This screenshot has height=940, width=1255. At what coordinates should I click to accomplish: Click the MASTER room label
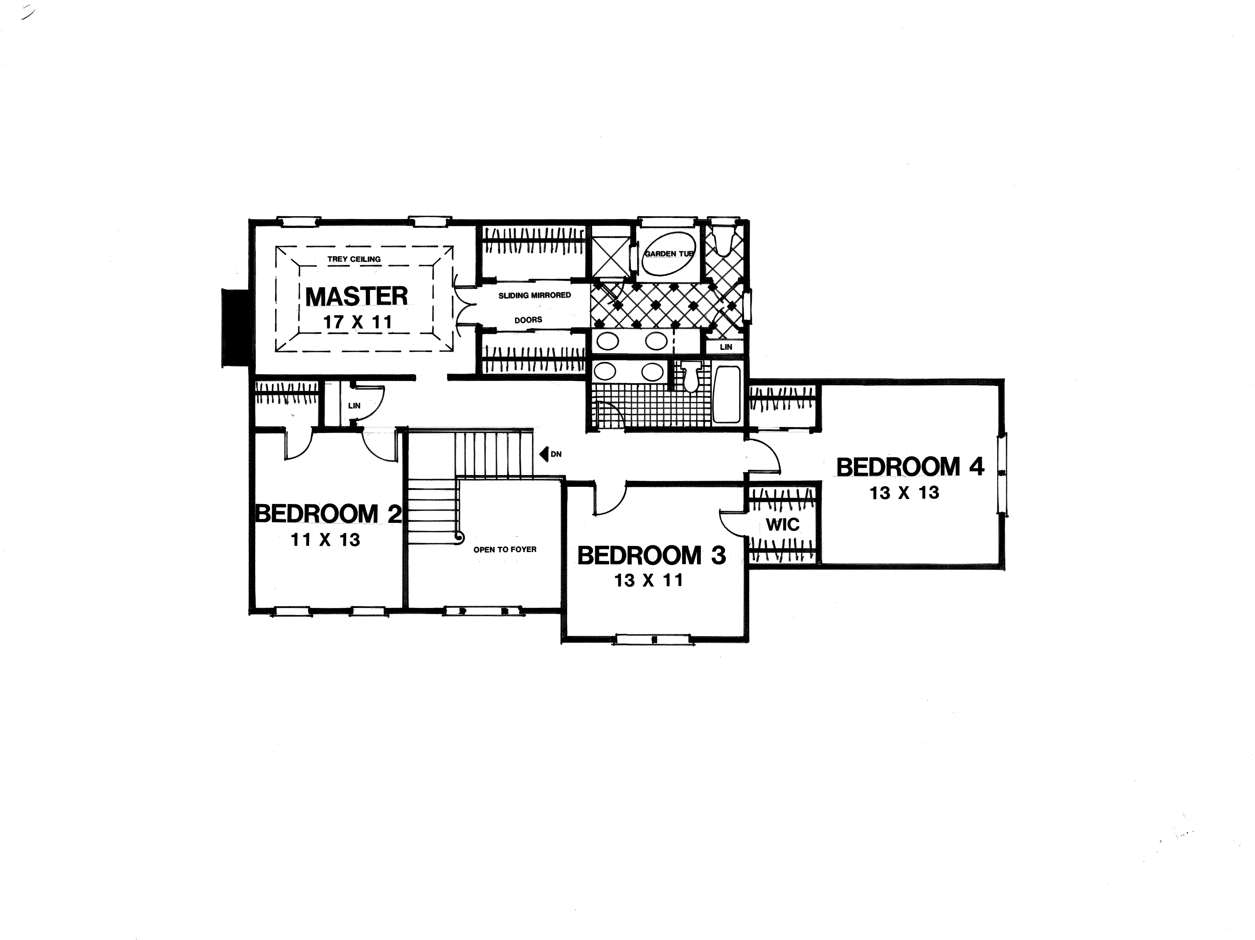(x=356, y=297)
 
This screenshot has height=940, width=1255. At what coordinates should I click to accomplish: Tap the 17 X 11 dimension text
(x=358, y=322)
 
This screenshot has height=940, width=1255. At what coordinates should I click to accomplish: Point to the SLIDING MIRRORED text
(x=534, y=295)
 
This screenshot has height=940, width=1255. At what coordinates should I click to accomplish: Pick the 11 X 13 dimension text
(x=326, y=540)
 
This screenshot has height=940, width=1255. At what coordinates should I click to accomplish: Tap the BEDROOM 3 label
(x=651, y=556)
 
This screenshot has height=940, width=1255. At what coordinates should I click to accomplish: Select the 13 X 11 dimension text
(x=648, y=581)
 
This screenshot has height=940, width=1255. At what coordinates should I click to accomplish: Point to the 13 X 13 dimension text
(x=904, y=493)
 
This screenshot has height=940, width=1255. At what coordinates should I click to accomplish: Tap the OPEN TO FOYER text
(x=504, y=549)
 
